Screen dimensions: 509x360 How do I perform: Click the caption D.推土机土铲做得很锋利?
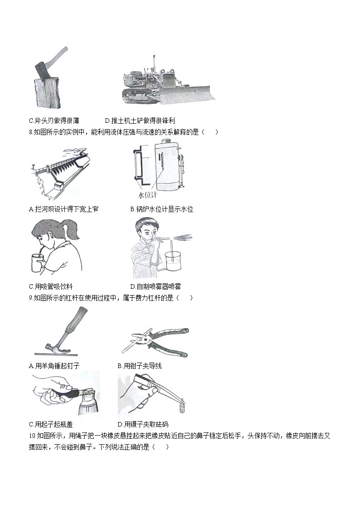coord(140,121)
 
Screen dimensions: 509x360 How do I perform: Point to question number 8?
coord(31,132)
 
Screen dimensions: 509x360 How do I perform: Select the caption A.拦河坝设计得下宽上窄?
coord(63,209)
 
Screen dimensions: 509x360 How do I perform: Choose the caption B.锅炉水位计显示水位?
coord(161,209)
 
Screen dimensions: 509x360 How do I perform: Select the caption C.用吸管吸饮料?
coord(50,286)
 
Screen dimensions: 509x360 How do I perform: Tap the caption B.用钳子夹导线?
coord(140,366)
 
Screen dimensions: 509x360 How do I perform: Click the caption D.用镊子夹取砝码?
coord(143,425)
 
